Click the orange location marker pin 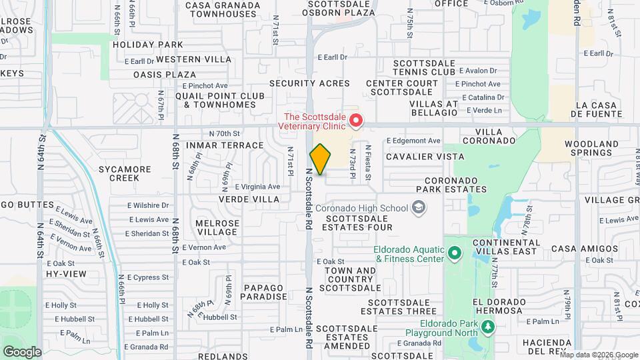click(320, 159)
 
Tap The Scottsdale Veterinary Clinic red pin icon click(356, 120)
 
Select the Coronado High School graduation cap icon click(418, 209)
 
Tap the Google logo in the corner click(22, 351)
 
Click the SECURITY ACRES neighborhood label click(309, 83)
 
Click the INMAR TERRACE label click(216, 145)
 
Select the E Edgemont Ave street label click(414, 141)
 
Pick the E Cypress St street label click(147, 277)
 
